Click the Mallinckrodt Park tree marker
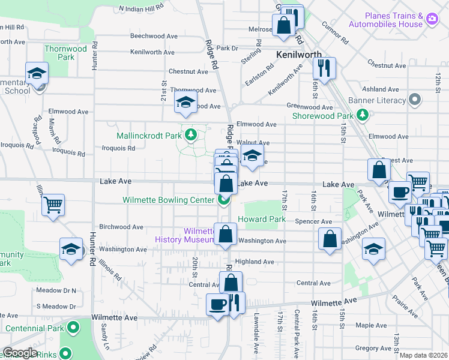click(191, 134)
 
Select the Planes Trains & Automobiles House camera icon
click(431, 20)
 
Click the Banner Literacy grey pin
click(414, 100)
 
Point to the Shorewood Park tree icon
click(362, 115)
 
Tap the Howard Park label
click(262, 220)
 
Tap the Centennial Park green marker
click(73, 328)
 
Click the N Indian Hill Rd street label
click(141, 8)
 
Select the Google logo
click(19, 353)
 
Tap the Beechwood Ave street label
click(154, 36)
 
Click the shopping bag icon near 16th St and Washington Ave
click(330, 238)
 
